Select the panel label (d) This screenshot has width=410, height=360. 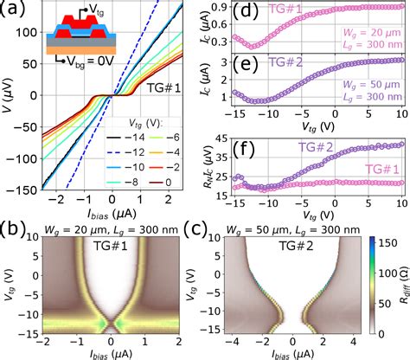pos(246,12)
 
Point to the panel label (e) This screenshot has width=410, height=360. pos(246,67)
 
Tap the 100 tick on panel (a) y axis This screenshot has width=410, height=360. pos(24,37)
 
